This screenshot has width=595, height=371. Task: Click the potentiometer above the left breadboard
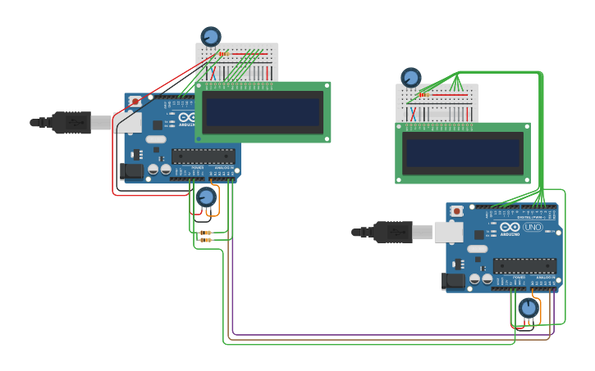click(211, 37)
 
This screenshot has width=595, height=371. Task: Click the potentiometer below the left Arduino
click(206, 197)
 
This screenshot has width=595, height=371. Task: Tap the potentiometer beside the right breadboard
click(411, 78)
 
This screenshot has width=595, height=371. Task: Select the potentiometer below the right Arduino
click(529, 308)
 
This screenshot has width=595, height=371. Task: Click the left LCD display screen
click(263, 111)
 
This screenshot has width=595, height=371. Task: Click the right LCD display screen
click(463, 152)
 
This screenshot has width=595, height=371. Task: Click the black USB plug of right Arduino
click(392, 232)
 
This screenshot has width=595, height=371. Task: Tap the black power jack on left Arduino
click(131, 170)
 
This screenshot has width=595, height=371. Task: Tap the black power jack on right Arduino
click(453, 281)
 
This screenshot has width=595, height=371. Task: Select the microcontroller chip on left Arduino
click(204, 156)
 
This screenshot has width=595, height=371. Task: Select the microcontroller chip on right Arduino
click(524, 266)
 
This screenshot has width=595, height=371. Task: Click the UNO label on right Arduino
click(533, 227)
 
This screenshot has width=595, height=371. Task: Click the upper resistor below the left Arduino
click(205, 233)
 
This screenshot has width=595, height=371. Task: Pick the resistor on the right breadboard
click(424, 94)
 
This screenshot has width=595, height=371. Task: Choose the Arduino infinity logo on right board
click(510, 227)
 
